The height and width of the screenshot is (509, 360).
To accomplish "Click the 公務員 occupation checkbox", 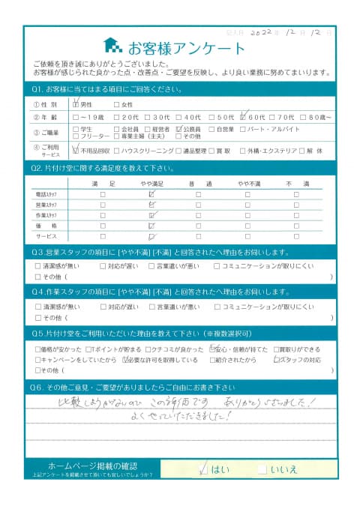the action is [x=178, y=129].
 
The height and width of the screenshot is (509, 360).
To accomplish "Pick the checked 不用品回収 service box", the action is [x=76, y=149].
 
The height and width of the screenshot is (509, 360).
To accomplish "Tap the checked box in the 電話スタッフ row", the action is [x=151, y=193].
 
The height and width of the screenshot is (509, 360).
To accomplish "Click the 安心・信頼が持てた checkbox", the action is [x=212, y=349].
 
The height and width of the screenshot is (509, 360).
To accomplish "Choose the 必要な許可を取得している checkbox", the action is [x=126, y=360].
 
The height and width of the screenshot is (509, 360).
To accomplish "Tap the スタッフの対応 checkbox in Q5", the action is [x=277, y=360].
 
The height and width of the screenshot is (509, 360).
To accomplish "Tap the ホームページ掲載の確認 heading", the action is [x=93, y=466].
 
